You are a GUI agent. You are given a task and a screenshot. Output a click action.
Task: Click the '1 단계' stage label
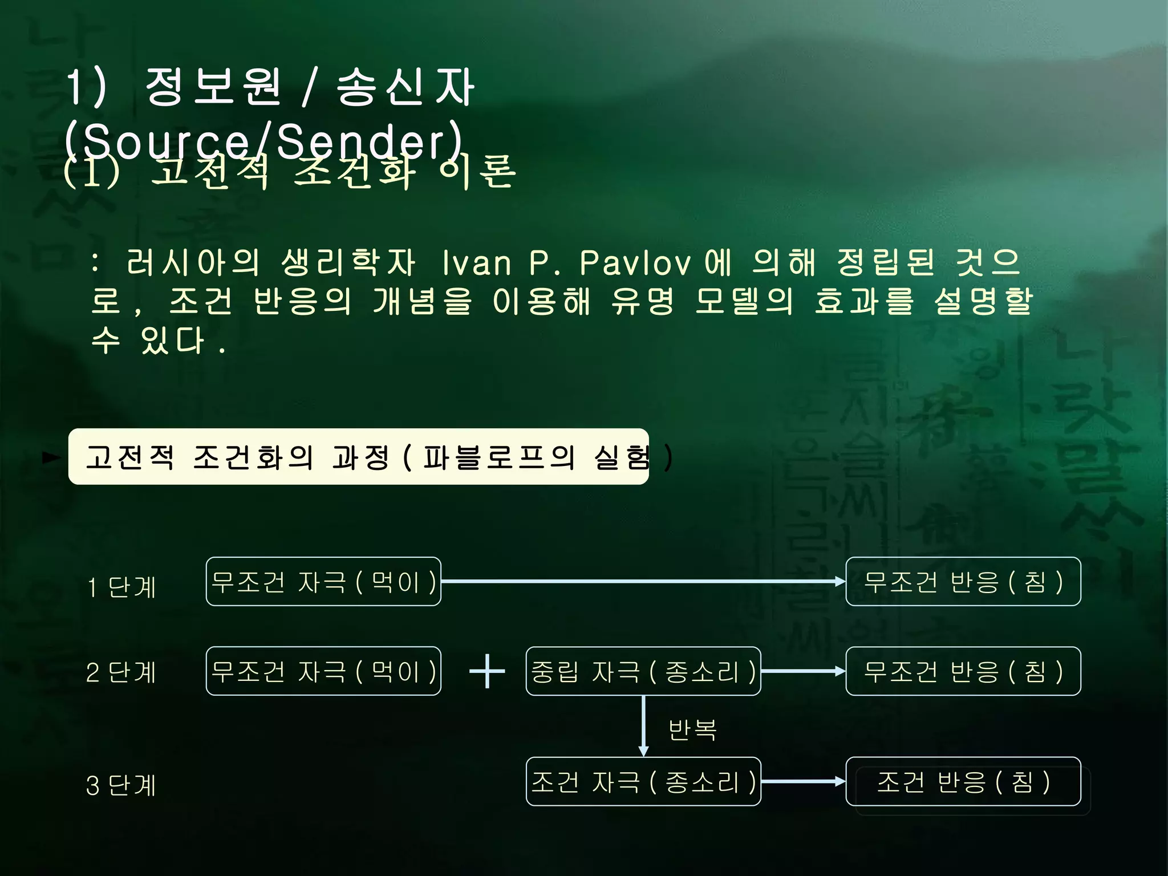(121, 587)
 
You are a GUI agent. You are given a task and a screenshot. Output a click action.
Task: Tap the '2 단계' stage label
(121, 672)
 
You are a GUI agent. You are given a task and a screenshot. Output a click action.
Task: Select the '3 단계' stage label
(121, 785)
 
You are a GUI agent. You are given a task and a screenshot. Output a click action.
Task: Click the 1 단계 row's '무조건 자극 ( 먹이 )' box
(323, 582)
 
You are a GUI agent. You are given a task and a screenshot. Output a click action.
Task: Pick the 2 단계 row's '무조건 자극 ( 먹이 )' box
(323, 671)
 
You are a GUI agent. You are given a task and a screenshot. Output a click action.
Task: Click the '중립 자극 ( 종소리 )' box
(643, 671)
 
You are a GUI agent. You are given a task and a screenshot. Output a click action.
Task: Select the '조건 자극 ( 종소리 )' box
(643, 781)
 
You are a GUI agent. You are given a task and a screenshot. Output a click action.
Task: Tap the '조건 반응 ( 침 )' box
(963, 781)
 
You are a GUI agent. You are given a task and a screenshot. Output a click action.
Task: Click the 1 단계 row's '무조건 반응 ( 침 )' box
(963, 582)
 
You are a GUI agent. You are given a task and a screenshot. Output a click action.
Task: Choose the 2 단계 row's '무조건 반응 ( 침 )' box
(963, 671)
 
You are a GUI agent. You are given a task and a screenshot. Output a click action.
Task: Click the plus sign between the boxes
(486, 671)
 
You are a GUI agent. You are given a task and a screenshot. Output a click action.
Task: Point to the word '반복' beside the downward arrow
(692, 729)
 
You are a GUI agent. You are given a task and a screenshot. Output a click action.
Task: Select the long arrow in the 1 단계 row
(643, 581)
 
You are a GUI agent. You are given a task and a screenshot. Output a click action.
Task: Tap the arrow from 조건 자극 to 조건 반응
(803, 781)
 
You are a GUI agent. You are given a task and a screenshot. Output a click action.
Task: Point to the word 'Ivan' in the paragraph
(477, 263)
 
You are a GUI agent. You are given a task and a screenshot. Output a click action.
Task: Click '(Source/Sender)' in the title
(263, 140)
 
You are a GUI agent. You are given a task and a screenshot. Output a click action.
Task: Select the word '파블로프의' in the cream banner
(499, 457)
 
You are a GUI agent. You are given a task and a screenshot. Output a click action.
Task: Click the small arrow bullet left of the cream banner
(52, 457)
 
